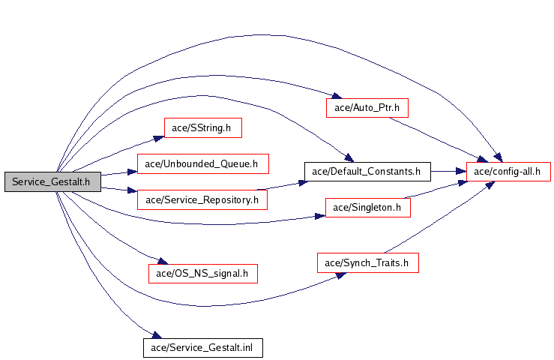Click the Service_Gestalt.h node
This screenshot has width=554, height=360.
click(x=52, y=181)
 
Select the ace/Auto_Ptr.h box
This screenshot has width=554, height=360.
click(x=367, y=107)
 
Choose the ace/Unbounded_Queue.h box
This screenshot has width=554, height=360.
click(x=202, y=163)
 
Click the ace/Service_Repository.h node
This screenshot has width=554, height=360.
click(x=202, y=199)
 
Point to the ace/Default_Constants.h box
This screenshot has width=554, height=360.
click(x=367, y=171)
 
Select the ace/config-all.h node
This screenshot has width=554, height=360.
click(x=508, y=171)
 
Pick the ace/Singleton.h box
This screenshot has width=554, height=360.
click(x=367, y=207)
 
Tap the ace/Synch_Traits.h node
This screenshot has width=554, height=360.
click(x=367, y=262)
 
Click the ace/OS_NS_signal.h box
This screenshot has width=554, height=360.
click(x=202, y=273)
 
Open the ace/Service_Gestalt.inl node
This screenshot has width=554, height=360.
click(x=202, y=347)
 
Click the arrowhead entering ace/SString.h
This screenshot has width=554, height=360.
click(x=159, y=137)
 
